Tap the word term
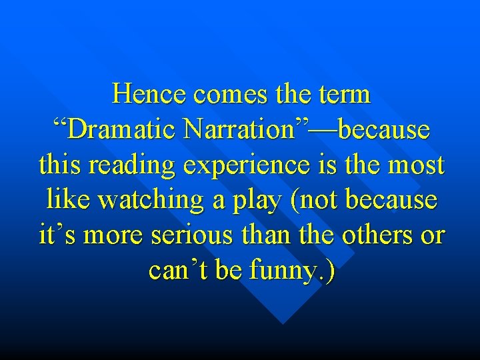[346, 95]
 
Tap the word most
[417, 165]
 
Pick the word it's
[56, 235]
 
